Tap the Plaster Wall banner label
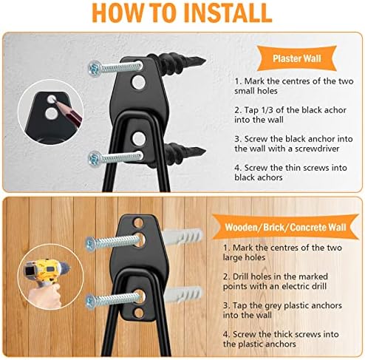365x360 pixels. (x=296, y=58)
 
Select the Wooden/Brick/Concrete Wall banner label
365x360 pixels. (x=285, y=227)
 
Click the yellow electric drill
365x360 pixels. (x=46, y=271)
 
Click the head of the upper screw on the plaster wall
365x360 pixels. (x=95, y=68)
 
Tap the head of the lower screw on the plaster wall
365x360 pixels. (x=95, y=159)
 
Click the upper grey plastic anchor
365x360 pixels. (x=182, y=237)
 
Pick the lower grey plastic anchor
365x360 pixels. (x=182, y=294)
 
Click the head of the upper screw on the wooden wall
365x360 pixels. (x=91, y=244)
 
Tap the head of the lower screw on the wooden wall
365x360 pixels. (x=91, y=302)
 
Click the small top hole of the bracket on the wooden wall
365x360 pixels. (x=138, y=223)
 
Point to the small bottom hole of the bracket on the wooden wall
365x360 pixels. (x=139, y=313)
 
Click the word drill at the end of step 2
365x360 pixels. (x=318, y=286)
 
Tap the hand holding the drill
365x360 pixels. (x=46, y=296)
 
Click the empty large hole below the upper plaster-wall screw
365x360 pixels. (x=138, y=82)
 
